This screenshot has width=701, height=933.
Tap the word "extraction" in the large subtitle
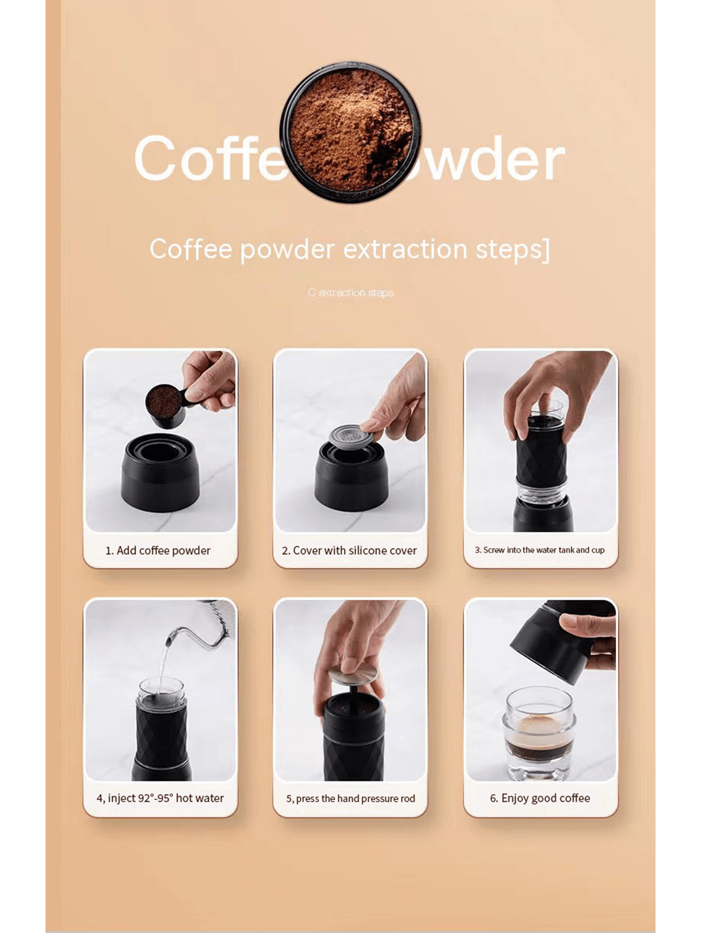[405, 249]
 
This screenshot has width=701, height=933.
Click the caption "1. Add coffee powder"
[158, 550]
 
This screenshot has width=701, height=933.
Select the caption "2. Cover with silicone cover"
[349, 550]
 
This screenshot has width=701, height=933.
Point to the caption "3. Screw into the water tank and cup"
[539, 550]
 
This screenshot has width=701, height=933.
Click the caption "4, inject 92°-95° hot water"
[160, 798]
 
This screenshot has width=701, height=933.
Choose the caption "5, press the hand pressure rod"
[350, 799]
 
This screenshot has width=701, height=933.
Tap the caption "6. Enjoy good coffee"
[540, 798]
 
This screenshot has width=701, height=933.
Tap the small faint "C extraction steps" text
[350, 293]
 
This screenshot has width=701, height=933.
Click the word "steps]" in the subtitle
[513, 249]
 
